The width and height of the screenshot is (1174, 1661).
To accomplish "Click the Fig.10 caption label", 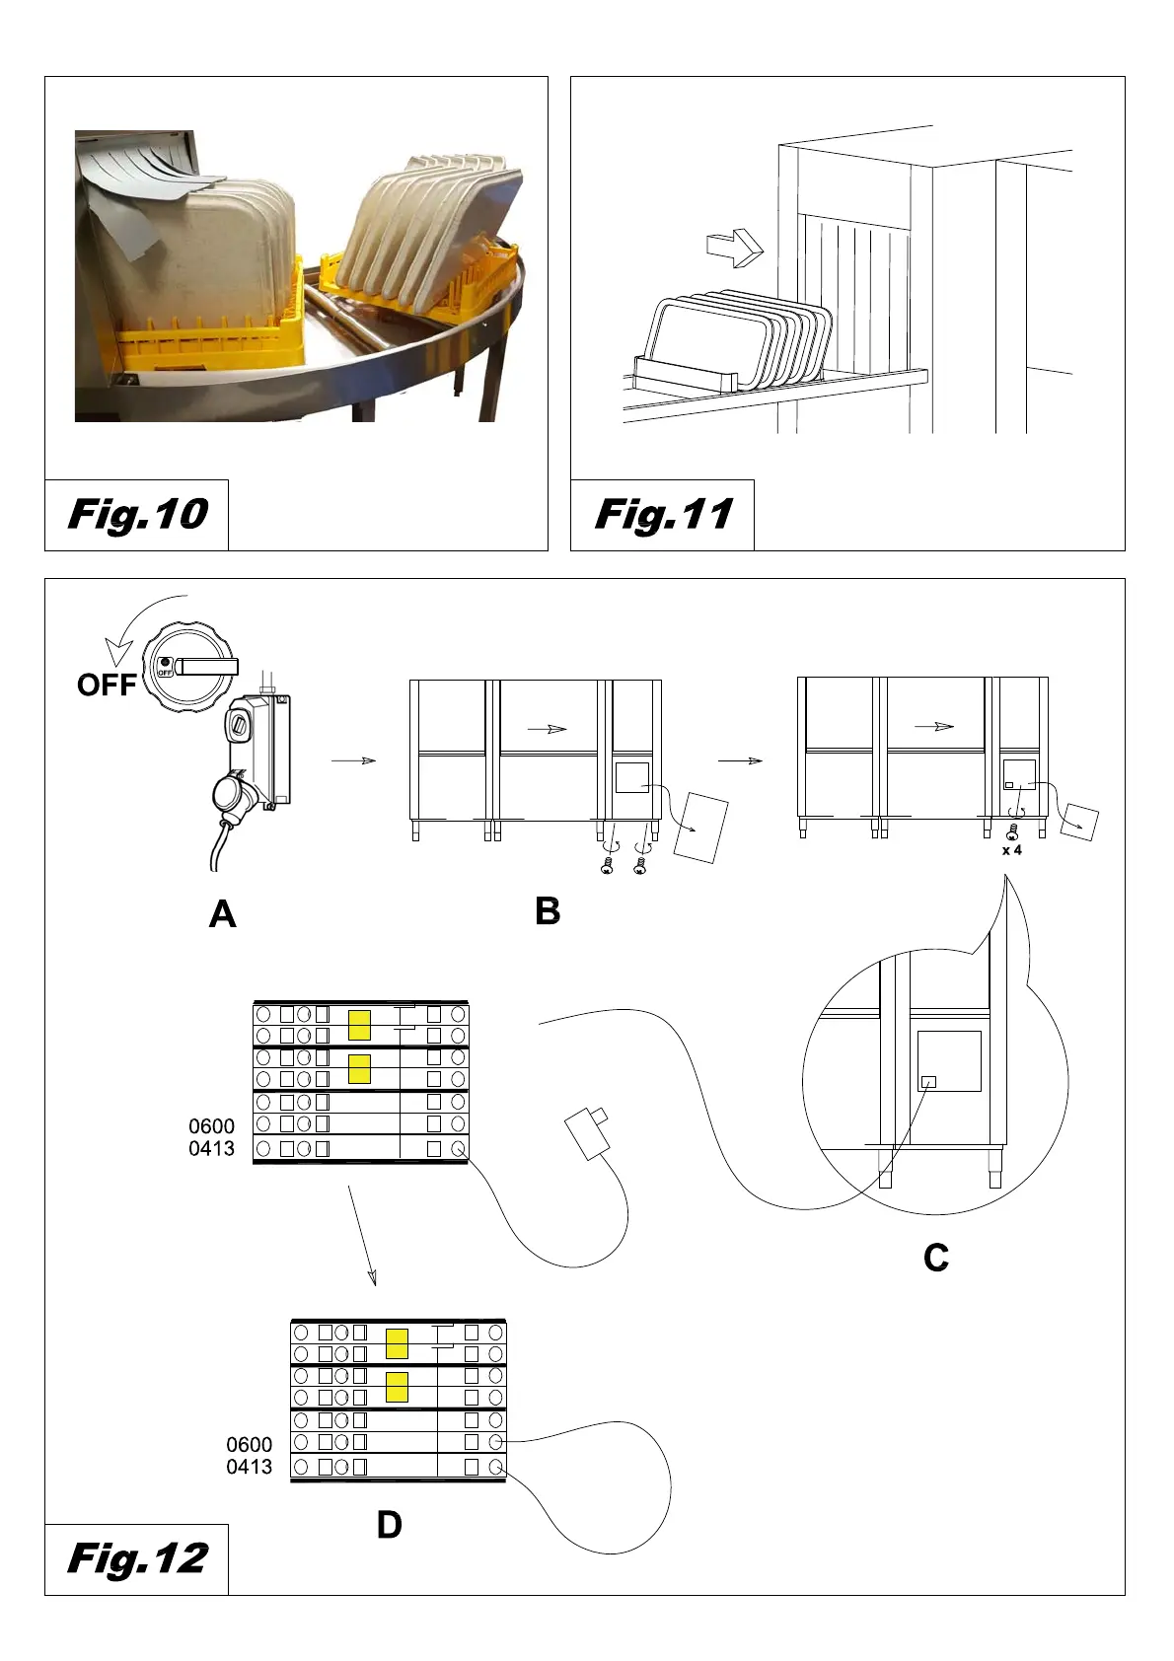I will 137,514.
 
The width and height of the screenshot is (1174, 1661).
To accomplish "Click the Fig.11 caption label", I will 663,514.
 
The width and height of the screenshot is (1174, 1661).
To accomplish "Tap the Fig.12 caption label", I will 137,1558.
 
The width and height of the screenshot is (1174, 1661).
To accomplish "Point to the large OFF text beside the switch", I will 106,685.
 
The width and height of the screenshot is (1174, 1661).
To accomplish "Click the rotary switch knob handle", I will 207,667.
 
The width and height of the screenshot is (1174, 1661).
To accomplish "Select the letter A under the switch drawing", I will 223,914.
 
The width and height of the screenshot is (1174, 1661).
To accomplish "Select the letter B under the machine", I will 548,910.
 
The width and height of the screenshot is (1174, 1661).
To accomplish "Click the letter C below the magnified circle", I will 936,1258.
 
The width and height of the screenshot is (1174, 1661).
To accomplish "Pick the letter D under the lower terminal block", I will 390,1525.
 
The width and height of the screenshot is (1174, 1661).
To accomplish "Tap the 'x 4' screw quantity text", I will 1012,850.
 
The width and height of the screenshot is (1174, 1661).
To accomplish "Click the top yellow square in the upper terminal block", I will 359,1025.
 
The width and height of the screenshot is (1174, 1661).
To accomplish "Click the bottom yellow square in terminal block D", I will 397,1387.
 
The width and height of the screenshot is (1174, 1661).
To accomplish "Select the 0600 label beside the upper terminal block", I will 211,1125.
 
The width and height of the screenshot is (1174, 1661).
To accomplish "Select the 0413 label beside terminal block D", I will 249,1467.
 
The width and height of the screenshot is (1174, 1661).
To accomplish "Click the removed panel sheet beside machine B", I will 701,827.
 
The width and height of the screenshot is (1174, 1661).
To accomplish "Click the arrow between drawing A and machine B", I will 353,760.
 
